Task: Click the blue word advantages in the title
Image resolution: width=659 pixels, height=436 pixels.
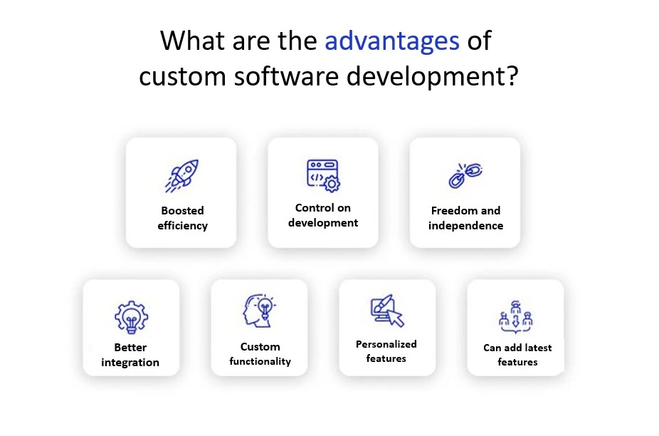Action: (392, 41)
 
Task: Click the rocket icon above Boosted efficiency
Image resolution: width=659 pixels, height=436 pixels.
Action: (181, 176)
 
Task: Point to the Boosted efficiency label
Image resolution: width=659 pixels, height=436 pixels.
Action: (182, 218)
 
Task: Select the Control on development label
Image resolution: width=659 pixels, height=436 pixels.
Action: (323, 215)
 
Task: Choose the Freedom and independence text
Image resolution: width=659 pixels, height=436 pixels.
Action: (465, 218)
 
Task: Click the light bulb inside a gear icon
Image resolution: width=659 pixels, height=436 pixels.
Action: (131, 318)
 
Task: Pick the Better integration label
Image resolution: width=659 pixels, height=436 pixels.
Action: (130, 355)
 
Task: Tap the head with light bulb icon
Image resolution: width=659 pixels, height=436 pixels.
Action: (259, 311)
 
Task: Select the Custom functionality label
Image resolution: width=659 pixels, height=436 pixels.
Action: (260, 354)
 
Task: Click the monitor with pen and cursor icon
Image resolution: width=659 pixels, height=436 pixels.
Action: (387, 311)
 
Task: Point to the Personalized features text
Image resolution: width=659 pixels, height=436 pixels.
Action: (386, 351)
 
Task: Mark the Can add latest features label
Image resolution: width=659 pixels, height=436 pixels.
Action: (517, 355)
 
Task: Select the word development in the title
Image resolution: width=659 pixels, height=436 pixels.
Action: (424, 76)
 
